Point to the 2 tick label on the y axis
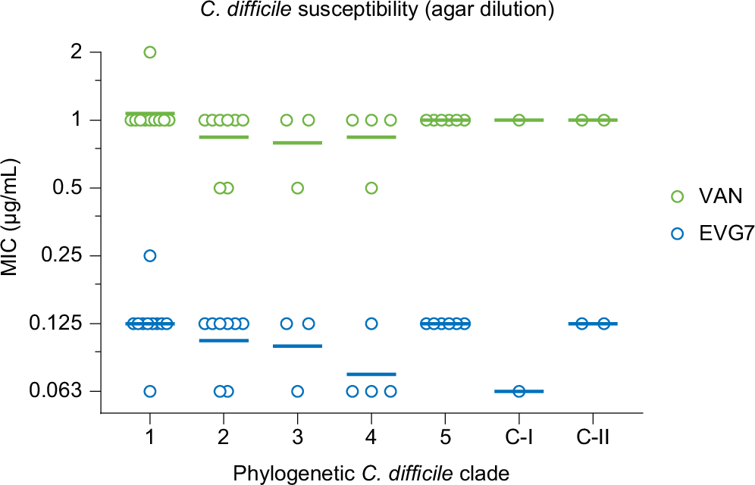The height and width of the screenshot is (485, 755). pyautogui.click(x=74, y=52)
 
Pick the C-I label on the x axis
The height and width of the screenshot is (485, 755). pyautogui.click(x=519, y=439)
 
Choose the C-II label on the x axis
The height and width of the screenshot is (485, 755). pyautogui.click(x=593, y=439)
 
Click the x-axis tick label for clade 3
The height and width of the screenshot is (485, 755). pyautogui.click(x=297, y=439)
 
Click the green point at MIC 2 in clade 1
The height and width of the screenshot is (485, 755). pyautogui.click(x=150, y=52)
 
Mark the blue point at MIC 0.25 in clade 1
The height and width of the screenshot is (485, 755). pyautogui.click(x=150, y=255)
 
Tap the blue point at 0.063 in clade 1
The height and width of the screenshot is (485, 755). pyautogui.click(x=150, y=391)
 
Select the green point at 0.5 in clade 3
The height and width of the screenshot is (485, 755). pyautogui.click(x=298, y=188)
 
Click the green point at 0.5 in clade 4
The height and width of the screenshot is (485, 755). pyautogui.click(x=371, y=188)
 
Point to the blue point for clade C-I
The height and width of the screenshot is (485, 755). pyautogui.click(x=519, y=391)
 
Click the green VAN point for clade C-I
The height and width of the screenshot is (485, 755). pyautogui.click(x=519, y=120)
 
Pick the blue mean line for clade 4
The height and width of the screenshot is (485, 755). pyautogui.click(x=371, y=374)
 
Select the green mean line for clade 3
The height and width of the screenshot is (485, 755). pyautogui.click(x=297, y=142)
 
